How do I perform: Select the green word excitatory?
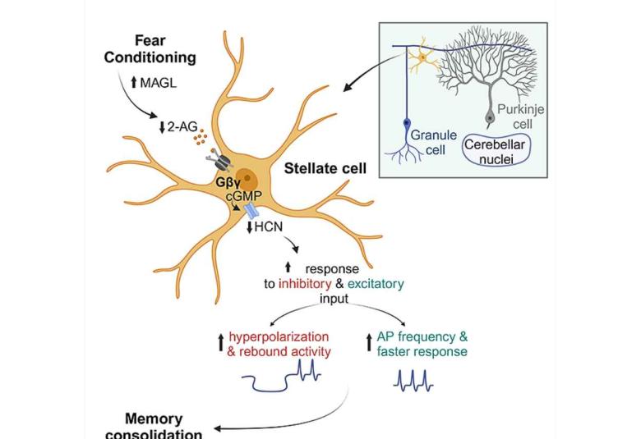coord(376,284)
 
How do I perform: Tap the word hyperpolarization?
coord(279,336)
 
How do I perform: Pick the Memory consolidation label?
coord(154,426)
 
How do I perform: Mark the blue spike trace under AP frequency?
coord(415,381)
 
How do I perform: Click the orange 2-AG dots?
coord(200,137)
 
